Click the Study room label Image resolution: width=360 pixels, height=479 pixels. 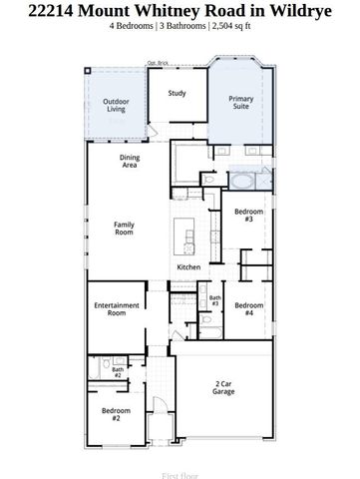177,94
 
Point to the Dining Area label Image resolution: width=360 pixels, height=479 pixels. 130,161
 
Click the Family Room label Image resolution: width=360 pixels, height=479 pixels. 124,230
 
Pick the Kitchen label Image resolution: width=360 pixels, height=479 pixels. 189,267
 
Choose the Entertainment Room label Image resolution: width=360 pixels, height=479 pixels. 110,309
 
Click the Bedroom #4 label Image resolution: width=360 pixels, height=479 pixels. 249,309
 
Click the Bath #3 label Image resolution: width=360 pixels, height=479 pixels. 214,300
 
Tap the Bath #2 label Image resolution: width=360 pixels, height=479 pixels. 117,372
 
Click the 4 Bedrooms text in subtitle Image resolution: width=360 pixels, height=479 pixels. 136,27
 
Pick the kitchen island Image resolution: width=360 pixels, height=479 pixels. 183,236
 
